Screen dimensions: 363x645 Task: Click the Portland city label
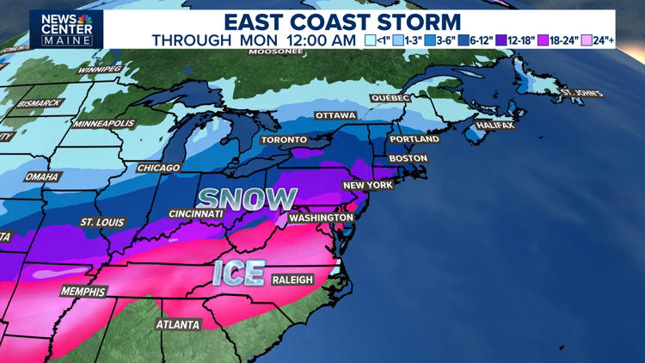point(415,139)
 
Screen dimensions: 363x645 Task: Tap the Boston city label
point(408,158)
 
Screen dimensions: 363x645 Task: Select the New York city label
point(368,185)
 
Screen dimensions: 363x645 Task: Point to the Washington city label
point(321,218)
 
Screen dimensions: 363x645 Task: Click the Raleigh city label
point(292,280)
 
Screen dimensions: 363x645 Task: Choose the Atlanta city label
point(178,325)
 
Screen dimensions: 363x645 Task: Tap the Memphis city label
point(83,292)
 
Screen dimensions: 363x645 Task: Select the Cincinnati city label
point(196,213)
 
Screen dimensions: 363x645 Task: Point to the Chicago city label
point(158,168)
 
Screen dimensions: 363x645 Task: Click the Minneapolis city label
point(104,124)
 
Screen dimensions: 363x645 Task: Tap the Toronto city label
point(284,139)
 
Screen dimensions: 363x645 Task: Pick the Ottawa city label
point(335,115)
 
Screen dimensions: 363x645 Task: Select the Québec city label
point(390,98)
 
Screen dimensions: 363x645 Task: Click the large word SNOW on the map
point(247,199)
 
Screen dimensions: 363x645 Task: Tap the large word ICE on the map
point(238,273)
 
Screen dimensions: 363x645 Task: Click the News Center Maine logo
point(66,28)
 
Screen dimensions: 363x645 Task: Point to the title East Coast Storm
point(342,22)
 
